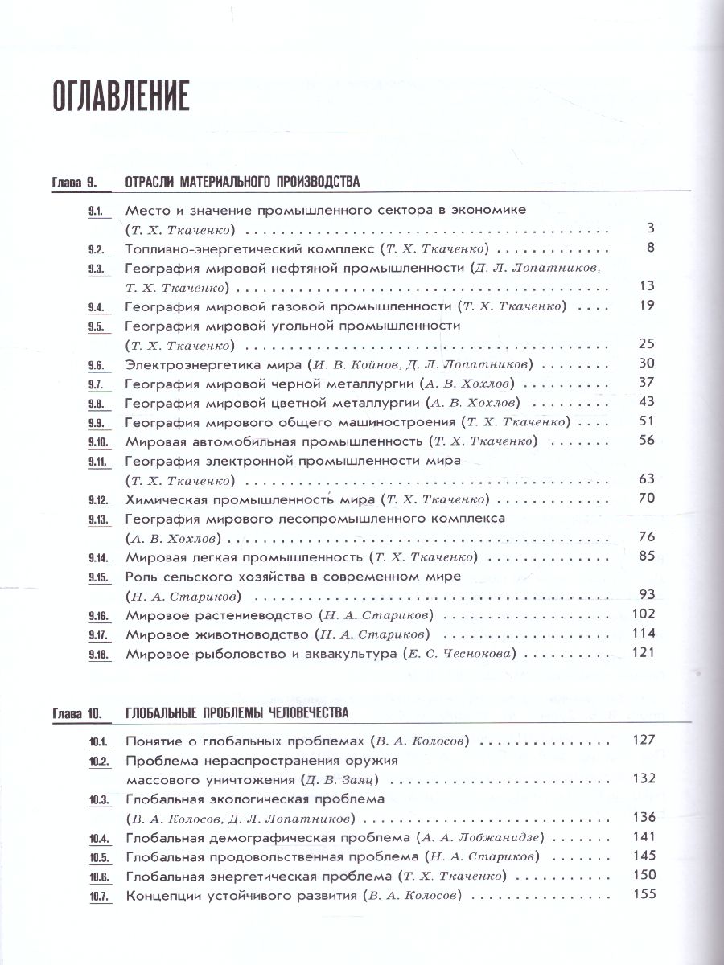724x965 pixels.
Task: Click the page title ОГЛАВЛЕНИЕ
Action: click(121, 95)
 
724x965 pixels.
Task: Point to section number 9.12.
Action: click(98, 499)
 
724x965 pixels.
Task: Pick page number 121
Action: click(644, 652)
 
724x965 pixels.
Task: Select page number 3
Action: click(651, 228)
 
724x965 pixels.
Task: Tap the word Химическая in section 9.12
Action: click(165, 499)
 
